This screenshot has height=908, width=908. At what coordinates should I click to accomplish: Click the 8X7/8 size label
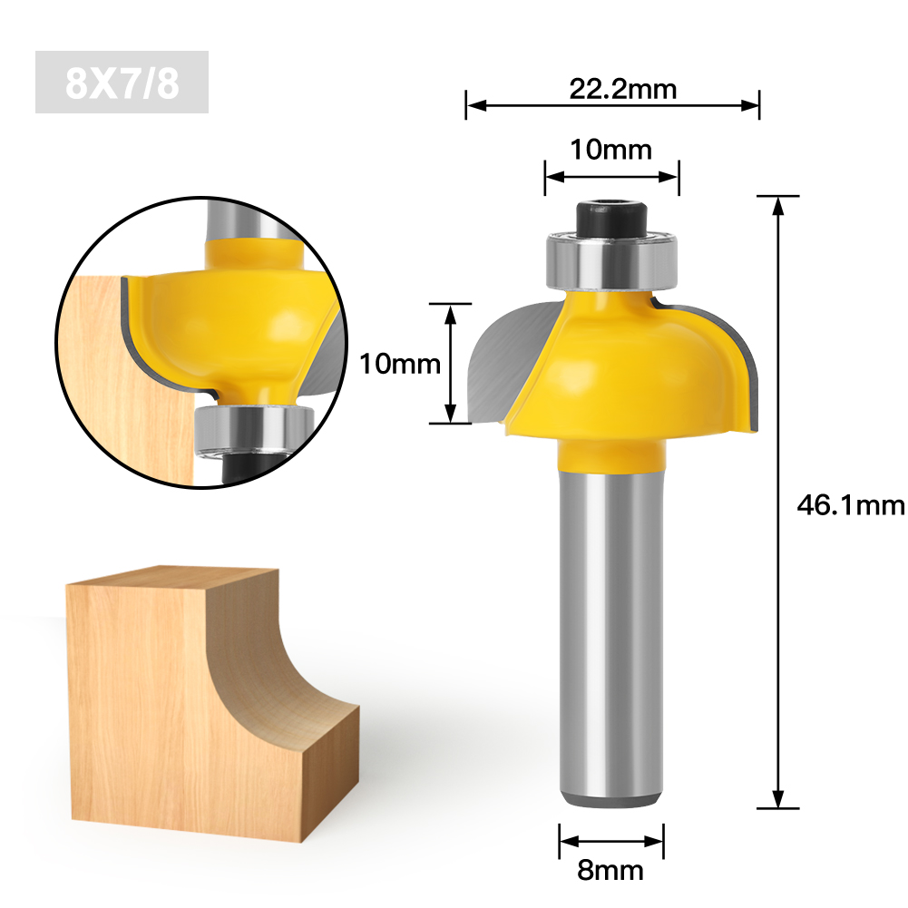122,83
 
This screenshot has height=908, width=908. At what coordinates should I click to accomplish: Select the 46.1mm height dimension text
850,504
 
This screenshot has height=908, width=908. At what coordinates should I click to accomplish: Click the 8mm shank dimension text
610,871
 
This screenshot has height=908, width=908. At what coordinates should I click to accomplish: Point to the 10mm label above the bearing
610,149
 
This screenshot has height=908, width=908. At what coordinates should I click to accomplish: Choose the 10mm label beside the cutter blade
400,364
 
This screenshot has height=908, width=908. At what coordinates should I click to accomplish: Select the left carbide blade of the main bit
508,363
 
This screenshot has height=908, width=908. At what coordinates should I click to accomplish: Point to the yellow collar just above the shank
610,454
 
